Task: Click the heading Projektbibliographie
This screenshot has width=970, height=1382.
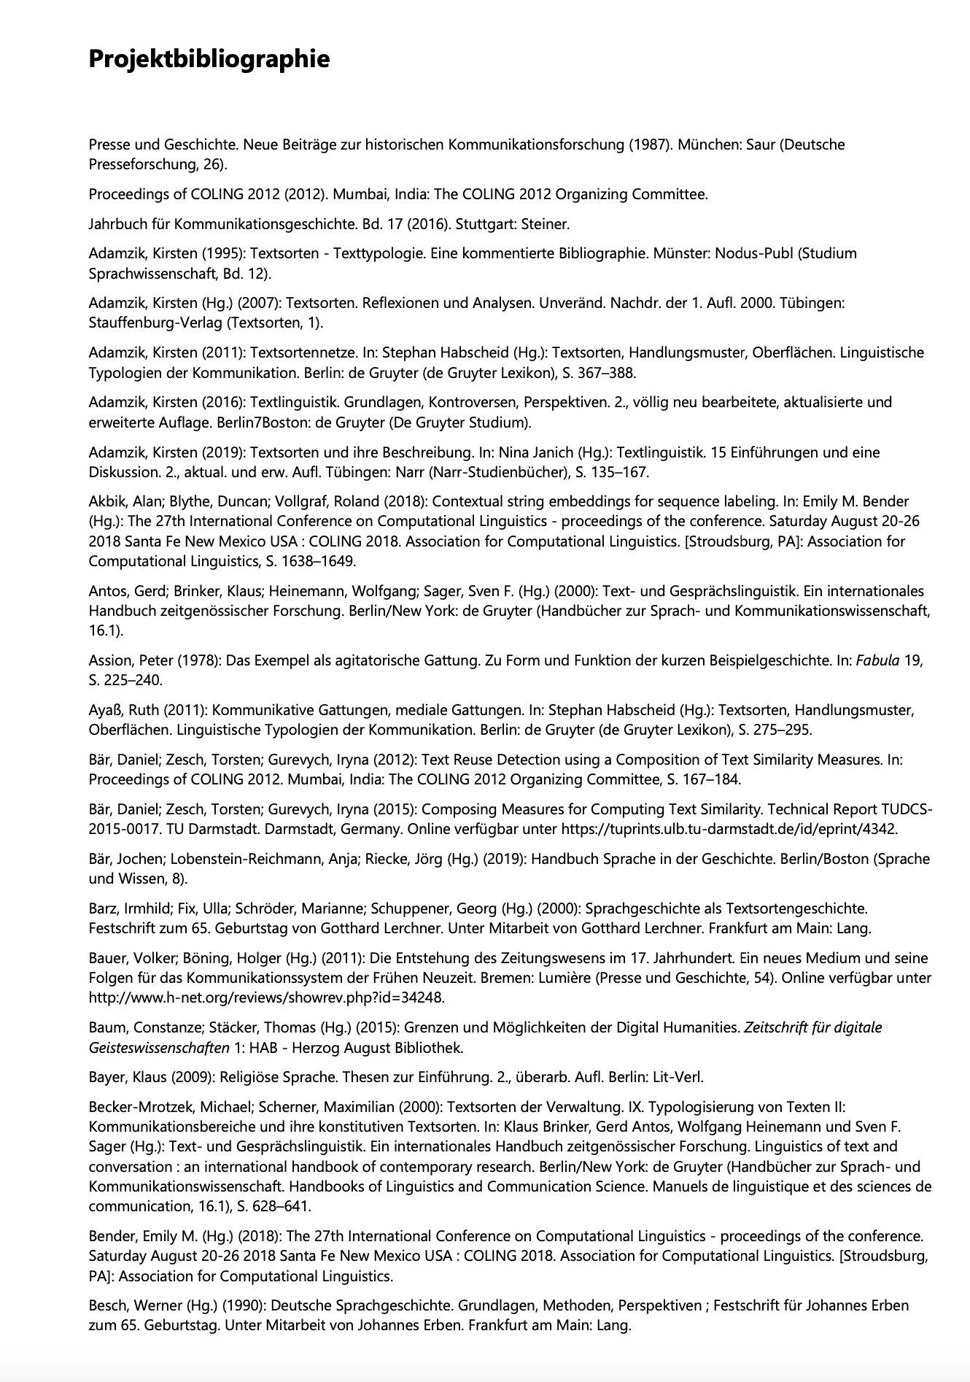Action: (209, 58)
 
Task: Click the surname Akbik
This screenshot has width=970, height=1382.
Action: (106, 501)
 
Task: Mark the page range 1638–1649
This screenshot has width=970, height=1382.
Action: (319, 561)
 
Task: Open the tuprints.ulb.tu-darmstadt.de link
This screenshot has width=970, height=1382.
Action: (729, 829)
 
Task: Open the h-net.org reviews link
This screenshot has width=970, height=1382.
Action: (266, 997)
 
